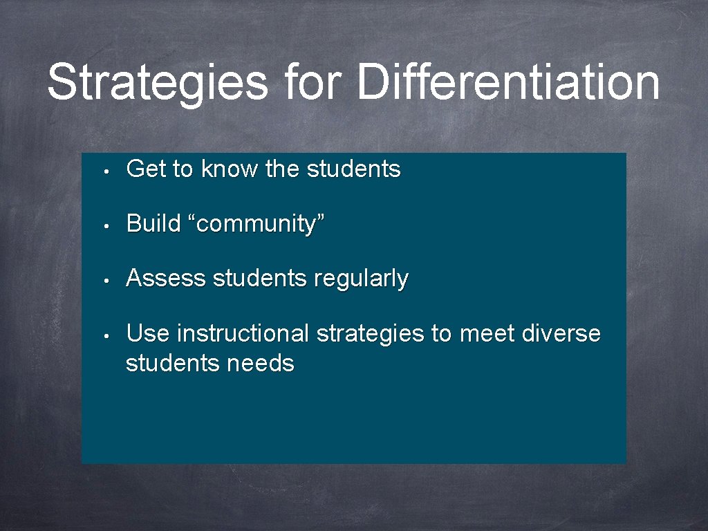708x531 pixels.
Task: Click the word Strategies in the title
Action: tap(157, 82)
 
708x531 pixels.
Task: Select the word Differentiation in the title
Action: tap(508, 81)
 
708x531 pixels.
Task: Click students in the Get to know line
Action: tap(353, 169)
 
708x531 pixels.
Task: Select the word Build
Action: tap(153, 223)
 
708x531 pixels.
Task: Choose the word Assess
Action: tap(167, 279)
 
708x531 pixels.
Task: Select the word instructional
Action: tap(243, 334)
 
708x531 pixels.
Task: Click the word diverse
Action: tap(561, 334)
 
